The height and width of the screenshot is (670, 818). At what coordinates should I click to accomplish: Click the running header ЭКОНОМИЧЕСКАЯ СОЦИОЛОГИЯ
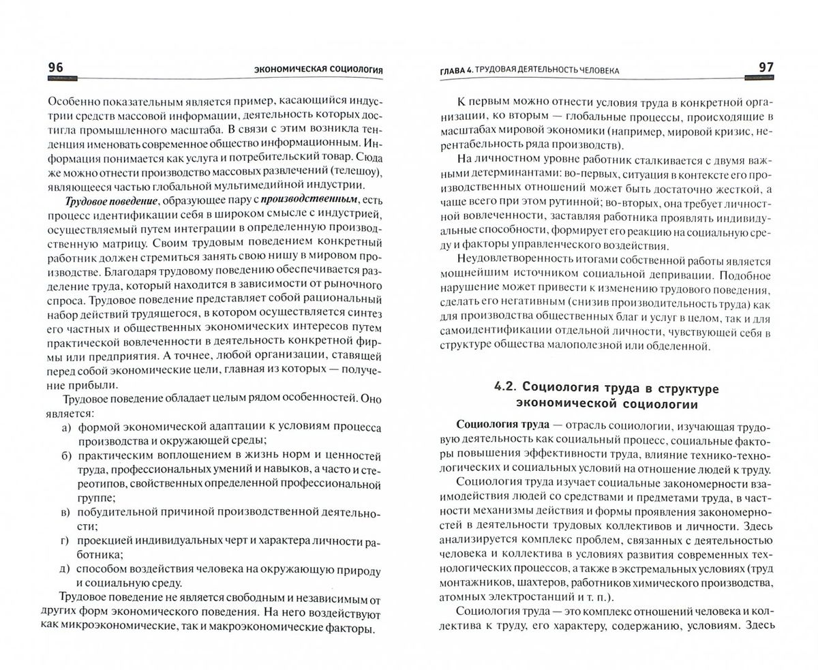pyautogui.click(x=317, y=70)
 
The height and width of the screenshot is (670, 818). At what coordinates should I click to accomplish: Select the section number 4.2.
pyautogui.click(x=507, y=387)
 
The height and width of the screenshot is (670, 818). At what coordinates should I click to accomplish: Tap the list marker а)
pyautogui.click(x=66, y=428)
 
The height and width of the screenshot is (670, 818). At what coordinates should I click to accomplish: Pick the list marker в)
pyautogui.click(x=66, y=513)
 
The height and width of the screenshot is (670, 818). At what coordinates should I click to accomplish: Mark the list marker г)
pyautogui.click(x=66, y=540)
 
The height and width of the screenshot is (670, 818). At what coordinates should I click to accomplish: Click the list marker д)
pyautogui.click(x=66, y=568)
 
